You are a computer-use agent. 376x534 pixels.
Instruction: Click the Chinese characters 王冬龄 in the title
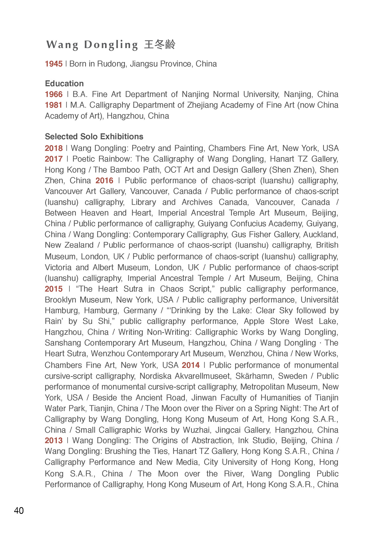coord(160,45)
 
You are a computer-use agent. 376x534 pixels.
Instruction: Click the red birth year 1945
coord(54,64)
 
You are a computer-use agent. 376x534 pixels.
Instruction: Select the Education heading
coord(64,83)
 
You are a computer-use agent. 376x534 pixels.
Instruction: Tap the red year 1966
coord(54,94)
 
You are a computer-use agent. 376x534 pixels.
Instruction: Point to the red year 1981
coord(54,105)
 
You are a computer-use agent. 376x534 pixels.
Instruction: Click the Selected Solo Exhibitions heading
coord(94,137)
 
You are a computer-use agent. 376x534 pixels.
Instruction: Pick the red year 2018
coord(54,148)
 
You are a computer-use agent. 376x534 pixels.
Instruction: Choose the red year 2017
coord(54,159)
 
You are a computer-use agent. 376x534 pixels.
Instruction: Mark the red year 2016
coord(104,181)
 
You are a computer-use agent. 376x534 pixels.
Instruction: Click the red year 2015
coord(54,289)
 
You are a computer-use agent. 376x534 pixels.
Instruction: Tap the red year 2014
coord(191,365)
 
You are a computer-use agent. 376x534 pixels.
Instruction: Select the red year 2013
coord(54,440)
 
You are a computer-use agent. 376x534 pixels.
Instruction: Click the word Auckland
coord(321,235)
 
